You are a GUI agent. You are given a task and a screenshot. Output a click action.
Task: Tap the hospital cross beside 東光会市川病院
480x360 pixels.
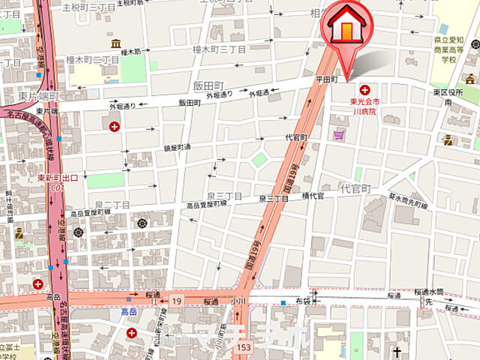point(365,90)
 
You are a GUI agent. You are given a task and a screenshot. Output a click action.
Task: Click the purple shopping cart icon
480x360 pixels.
point(338,135)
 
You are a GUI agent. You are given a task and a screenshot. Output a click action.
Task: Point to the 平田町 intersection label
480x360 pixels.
point(331,79)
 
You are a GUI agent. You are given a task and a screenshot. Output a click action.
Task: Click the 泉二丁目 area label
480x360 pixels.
point(112,204)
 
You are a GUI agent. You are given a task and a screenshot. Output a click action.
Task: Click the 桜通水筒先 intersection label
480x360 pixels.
point(434,296)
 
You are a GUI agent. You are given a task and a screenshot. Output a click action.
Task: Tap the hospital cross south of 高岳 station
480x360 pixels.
point(132,333)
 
